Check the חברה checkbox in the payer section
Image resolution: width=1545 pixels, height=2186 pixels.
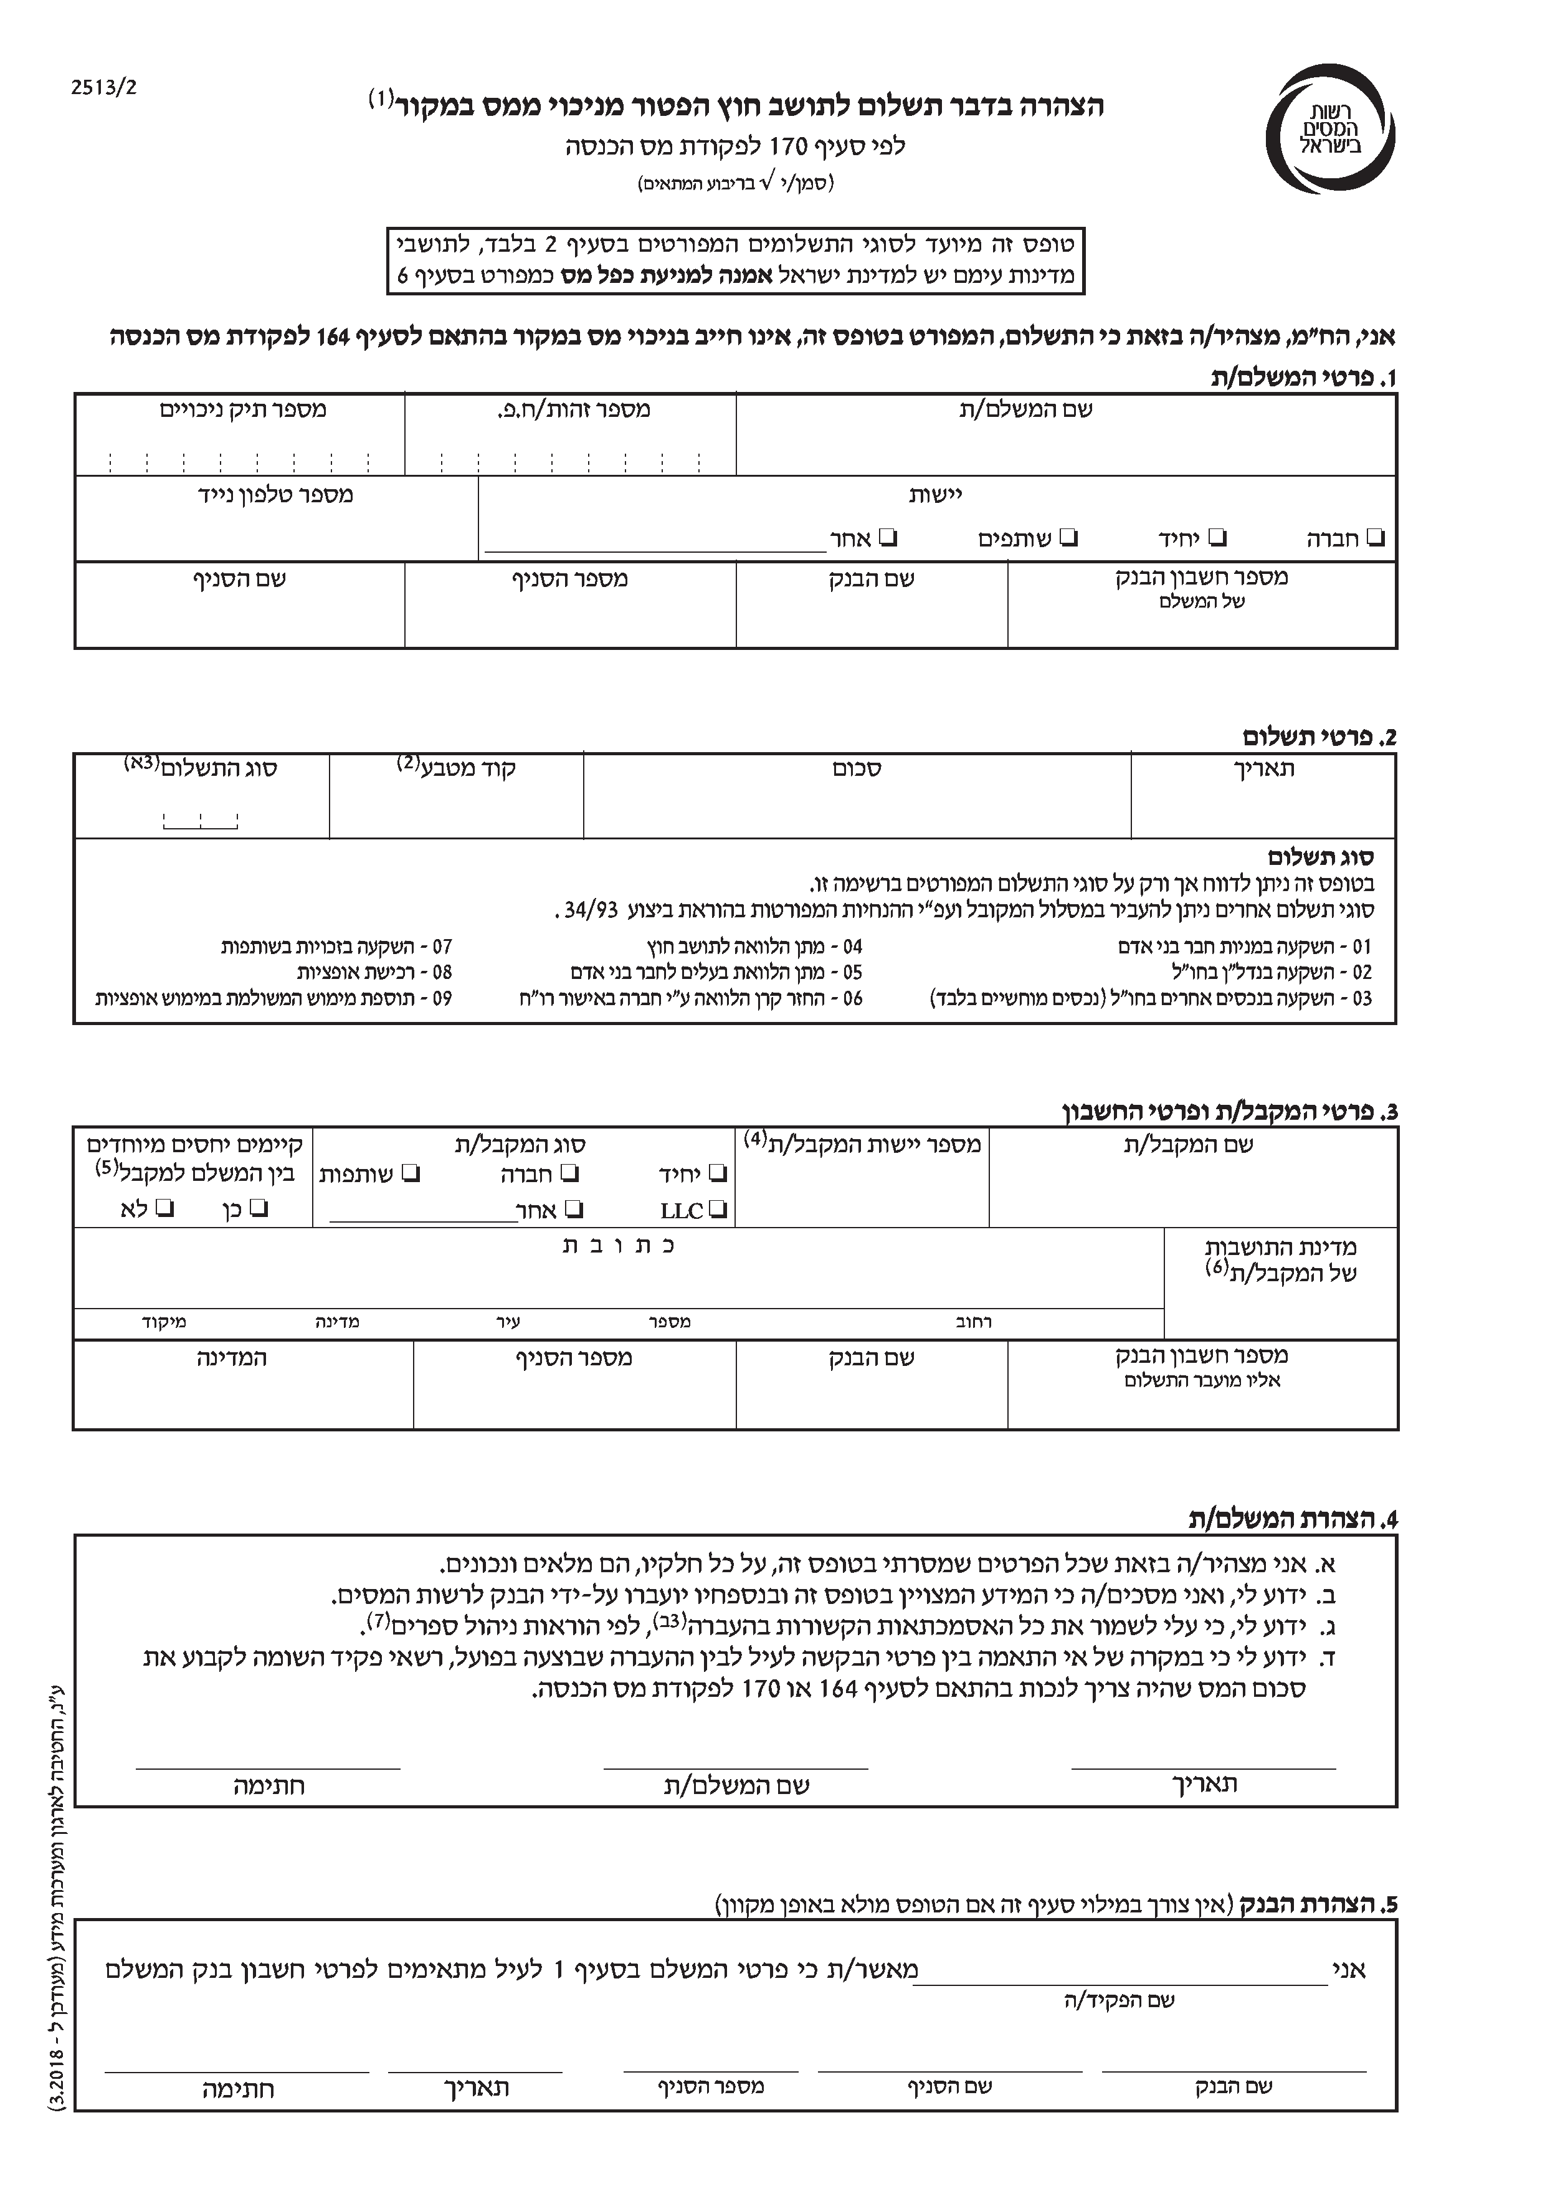click(1374, 538)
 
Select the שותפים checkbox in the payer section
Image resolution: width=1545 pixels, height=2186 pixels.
click(1069, 538)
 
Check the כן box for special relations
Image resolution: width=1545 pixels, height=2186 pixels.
click(259, 1209)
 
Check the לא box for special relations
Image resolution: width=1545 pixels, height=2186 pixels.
click(164, 1209)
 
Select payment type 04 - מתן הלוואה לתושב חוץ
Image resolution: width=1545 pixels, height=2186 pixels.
click(754, 947)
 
